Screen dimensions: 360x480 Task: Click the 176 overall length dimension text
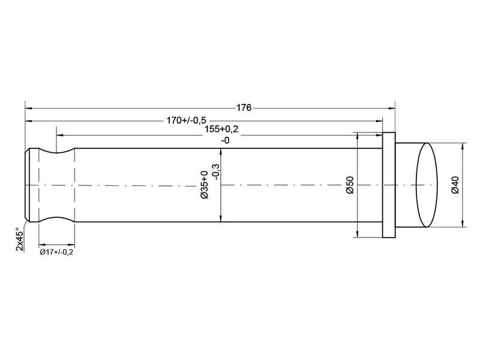[x=243, y=108]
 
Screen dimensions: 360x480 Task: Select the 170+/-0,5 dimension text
[x=185, y=119]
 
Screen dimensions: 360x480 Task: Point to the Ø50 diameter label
[x=350, y=185]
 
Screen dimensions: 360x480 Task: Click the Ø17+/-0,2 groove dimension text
[x=57, y=252]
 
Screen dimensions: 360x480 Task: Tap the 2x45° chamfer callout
[x=20, y=239]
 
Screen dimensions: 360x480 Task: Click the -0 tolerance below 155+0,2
[x=225, y=140]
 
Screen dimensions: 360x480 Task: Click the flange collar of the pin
[x=388, y=185]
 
